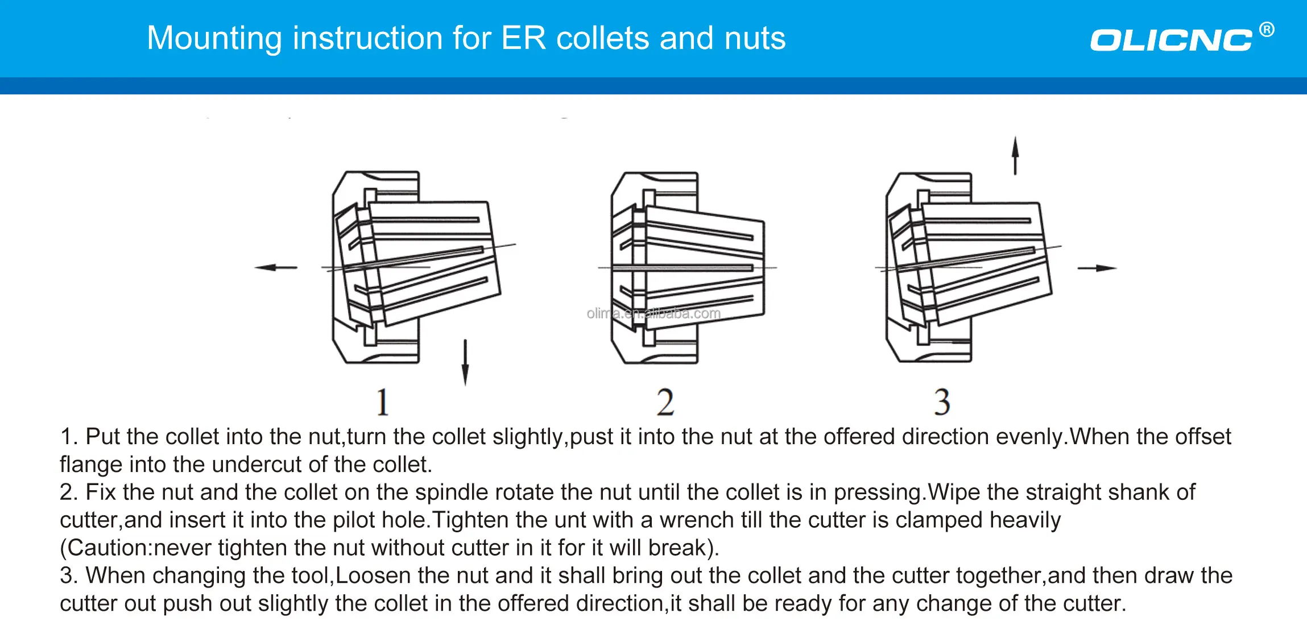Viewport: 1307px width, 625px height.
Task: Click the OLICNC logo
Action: (1170, 40)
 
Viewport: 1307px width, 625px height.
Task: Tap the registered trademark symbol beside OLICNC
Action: (1267, 30)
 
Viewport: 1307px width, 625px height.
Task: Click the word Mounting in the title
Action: (214, 39)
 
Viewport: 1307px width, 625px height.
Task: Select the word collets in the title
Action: (603, 39)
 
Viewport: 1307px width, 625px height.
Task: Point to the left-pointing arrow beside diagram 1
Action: (276, 267)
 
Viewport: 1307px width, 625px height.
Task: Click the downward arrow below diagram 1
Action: (465, 362)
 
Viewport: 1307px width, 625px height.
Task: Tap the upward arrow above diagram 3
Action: (1015, 155)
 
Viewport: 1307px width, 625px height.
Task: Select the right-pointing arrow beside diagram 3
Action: (1097, 268)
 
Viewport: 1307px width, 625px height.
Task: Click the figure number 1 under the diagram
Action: (383, 402)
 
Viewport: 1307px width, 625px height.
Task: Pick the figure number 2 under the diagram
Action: (665, 402)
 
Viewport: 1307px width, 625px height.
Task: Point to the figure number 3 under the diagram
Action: (942, 402)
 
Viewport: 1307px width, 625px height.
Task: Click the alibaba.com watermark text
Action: (653, 313)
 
